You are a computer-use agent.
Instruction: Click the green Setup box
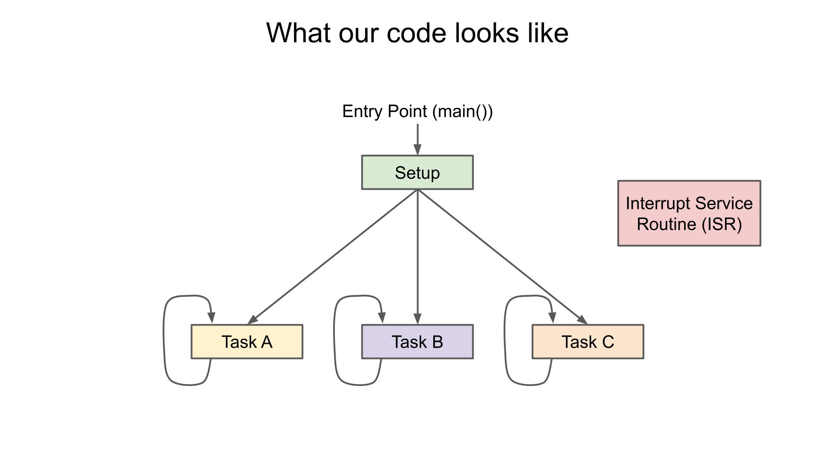point(417,173)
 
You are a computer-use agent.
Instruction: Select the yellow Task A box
point(247,342)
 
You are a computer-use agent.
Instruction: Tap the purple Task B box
point(417,342)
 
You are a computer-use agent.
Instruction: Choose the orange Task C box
point(588,342)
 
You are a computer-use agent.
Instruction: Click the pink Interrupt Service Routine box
point(689,214)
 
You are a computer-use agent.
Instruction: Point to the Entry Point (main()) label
point(417,111)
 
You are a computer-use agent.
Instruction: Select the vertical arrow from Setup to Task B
point(417,257)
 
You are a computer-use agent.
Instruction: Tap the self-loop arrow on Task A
point(164,339)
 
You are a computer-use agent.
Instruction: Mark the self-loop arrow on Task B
point(334,339)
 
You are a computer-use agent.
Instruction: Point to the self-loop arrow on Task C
point(505,339)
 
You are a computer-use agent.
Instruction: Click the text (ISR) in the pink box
point(721,225)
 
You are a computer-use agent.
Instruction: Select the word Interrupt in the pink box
point(658,204)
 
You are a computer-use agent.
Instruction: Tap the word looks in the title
point(487,34)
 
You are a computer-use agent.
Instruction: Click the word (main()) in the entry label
point(462,111)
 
